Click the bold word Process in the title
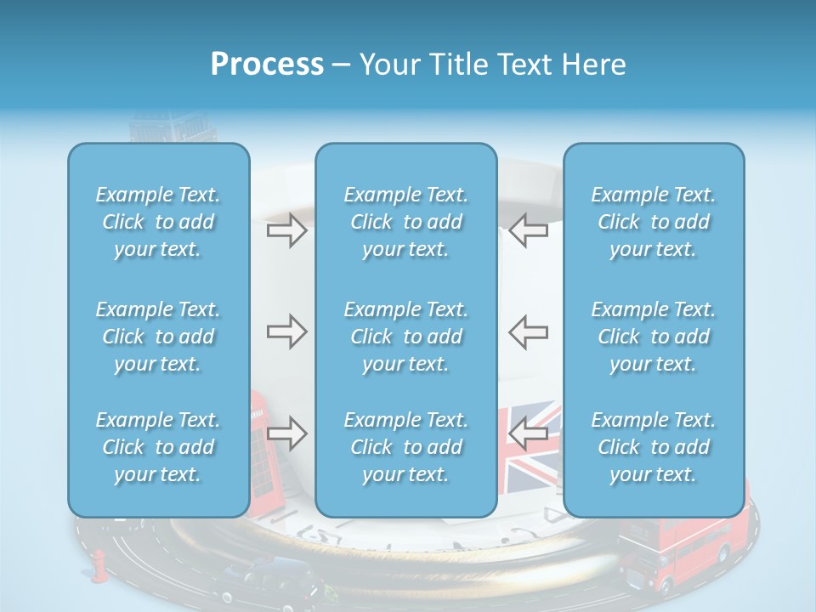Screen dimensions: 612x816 (x=267, y=65)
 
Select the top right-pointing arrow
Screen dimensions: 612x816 (x=286, y=231)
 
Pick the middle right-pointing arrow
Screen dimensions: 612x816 (x=286, y=331)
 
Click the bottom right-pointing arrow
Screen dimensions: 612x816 (x=286, y=433)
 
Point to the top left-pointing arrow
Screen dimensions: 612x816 (x=528, y=231)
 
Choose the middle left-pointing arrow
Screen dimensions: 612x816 (x=528, y=331)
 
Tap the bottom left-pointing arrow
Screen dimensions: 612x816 (x=528, y=433)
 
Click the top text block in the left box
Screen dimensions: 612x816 (x=158, y=222)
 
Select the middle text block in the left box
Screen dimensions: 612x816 (x=158, y=337)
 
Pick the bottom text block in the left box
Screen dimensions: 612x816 (x=158, y=447)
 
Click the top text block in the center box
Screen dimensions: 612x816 (x=405, y=222)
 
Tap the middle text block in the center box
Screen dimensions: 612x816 (x=405, y=337)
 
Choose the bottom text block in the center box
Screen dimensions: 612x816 (x=405, y=447)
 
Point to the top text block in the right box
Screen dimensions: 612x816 (x=654, y=222)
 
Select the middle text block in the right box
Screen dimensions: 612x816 (x=654, y=337)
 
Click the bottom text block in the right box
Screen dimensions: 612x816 (x=654, y=447)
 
